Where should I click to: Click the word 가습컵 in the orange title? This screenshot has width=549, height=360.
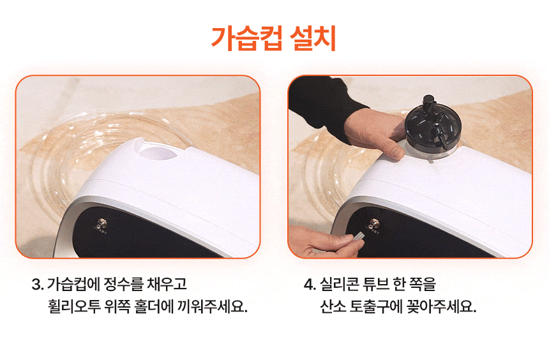tap(246, 38)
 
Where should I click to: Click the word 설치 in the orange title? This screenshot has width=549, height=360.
tap(313, 38)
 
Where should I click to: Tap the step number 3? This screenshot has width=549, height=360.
tap(37, 284)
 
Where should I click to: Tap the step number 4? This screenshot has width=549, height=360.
tap(310, 284)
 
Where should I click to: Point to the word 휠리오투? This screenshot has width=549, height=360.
tap(74, 306)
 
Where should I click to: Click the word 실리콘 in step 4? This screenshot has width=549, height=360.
tap(339, 284)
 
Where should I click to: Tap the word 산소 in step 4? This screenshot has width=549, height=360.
tap(333, 306)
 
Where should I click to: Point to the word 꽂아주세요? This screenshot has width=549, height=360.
tap(441, 306)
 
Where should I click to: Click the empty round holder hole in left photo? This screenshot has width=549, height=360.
tap(158, 153)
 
